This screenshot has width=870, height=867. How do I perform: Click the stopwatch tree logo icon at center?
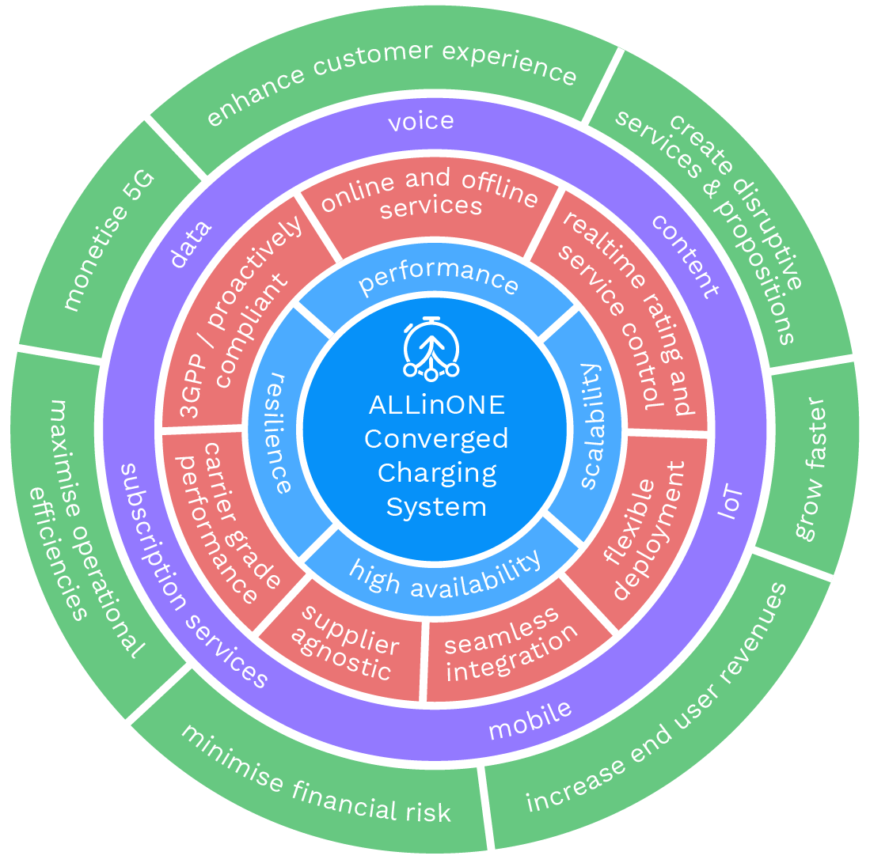point(431,348)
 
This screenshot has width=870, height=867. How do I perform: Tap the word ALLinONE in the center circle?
point(436,405)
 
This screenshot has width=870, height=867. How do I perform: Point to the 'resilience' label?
point(276,432)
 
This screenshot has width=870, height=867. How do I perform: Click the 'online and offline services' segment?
point(428,192)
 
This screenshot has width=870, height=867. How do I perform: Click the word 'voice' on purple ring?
point(420,121)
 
